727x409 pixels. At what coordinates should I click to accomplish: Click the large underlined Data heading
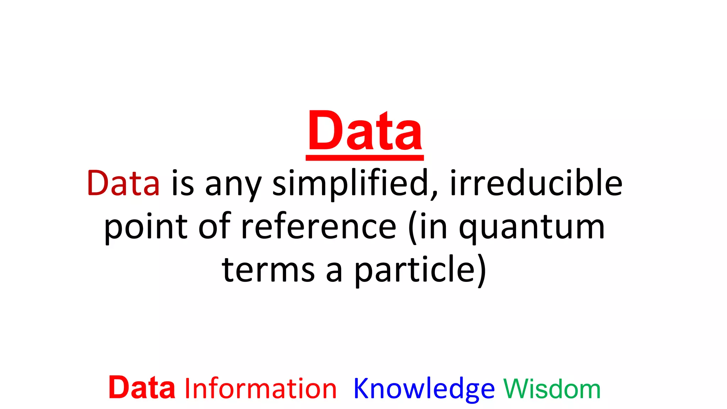pyautogui.click(x=365, y=131)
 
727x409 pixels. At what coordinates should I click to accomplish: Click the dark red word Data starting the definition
pyautogui.click(x=123, y=183)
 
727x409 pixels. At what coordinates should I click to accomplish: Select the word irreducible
pyautogui.click(x=536, y=183)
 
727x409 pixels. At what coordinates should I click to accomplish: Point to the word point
pyautogui.click(x=146, y=227)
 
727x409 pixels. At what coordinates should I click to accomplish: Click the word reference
pyautogui.click(x=318, y=227)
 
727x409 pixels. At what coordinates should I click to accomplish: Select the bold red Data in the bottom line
pyautogui.click(x=142, y=388)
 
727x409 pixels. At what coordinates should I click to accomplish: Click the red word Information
pyautogui.click(x=260, y=389)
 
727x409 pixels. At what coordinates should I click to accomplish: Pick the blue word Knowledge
pyautogui.click(x=424, y=389)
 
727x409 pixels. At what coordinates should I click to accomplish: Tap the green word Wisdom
pyautogui.click(x=552, y=389)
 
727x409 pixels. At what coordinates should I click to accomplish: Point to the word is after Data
pyautogui.click(x=182, y=183)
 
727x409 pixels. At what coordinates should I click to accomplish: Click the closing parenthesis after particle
pyautogui.click(x=482, y=271)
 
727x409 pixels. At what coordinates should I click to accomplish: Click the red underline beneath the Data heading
pyautogui.click(x=365, y=158)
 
